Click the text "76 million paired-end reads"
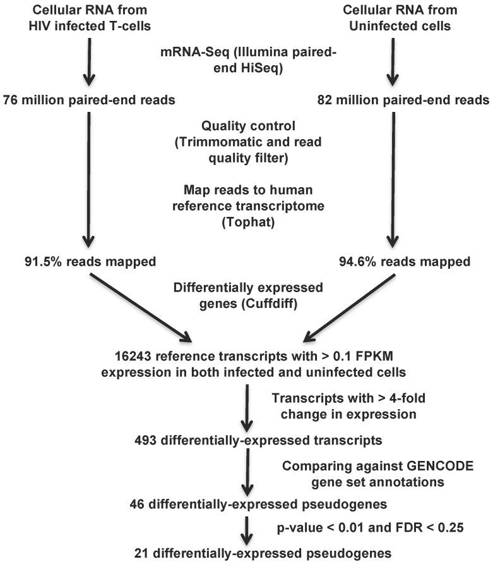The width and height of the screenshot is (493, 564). [x=89, y=100]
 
